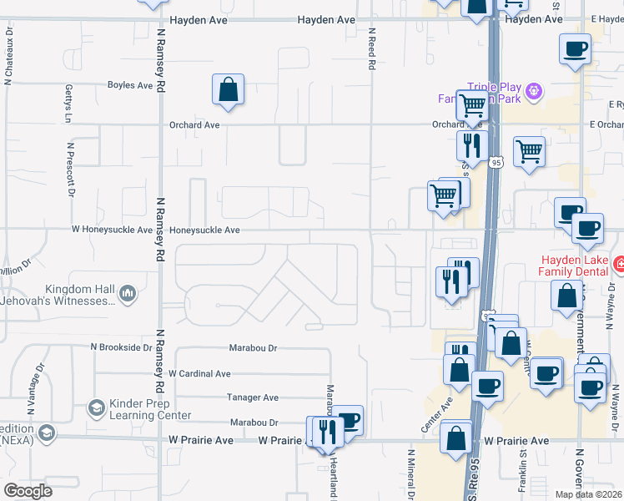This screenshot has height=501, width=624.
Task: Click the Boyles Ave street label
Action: [x=129, y=85]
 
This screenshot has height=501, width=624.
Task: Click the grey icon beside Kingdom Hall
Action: [x=128, y=293]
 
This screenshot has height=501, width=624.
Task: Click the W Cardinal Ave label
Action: [x=199, y=374]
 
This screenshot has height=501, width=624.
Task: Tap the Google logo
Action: [x=28, y=491]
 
